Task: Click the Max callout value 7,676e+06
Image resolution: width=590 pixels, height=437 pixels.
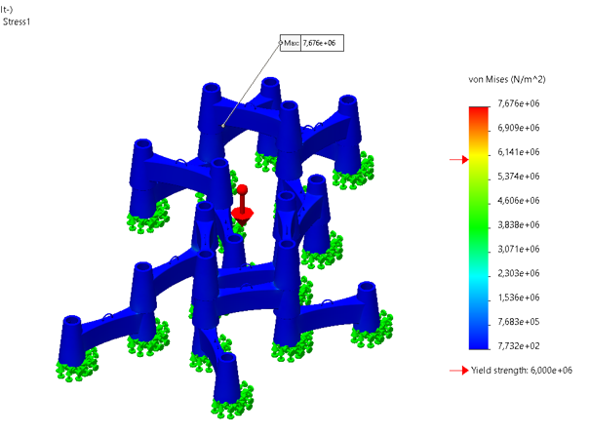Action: [319, 43]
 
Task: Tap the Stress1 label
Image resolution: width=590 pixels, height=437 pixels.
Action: [17, 21]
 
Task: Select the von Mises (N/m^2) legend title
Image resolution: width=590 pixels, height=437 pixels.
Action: [507, 79]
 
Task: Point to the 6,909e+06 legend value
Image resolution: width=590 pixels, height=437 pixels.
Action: [519, 128]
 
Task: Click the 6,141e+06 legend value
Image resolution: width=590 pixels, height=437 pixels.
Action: [519, 152]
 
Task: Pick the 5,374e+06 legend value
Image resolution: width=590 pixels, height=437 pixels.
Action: [519, 177]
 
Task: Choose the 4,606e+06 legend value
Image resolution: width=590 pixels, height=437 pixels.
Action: [519, 201]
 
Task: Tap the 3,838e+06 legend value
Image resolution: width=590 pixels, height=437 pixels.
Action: [519, 224]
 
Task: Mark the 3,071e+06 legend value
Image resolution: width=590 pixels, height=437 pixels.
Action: [519, 249]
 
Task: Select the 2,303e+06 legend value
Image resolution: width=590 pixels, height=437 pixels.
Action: [519, 273]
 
